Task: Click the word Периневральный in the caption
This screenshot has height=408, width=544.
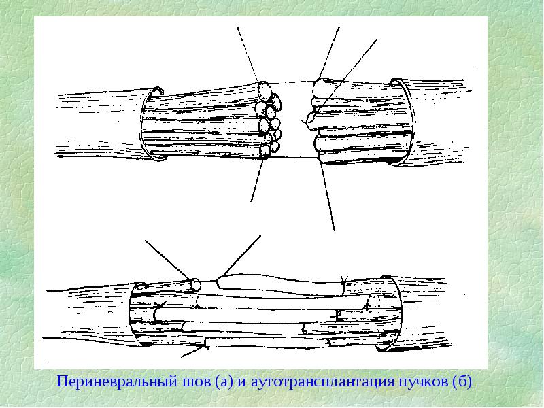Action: click(117, 382)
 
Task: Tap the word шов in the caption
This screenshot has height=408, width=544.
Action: click(196, 382)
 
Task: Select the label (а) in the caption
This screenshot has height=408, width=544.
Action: click(224, 382)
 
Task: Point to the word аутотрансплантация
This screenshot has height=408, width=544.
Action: click(322, 382)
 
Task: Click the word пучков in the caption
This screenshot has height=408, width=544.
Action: click(423, 382)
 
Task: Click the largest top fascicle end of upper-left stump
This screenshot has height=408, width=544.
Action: click(265, 91)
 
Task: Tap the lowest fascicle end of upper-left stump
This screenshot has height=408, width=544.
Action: click(266, 151)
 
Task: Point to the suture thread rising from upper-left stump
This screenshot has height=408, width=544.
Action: click(248, 54)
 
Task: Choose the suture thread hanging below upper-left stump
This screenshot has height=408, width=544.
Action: click(258, 180)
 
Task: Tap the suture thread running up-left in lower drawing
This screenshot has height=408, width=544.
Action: click(167, 259)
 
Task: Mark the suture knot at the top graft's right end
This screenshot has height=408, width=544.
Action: click(343, 283)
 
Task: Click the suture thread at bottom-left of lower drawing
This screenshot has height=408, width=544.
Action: click(194, 351)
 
